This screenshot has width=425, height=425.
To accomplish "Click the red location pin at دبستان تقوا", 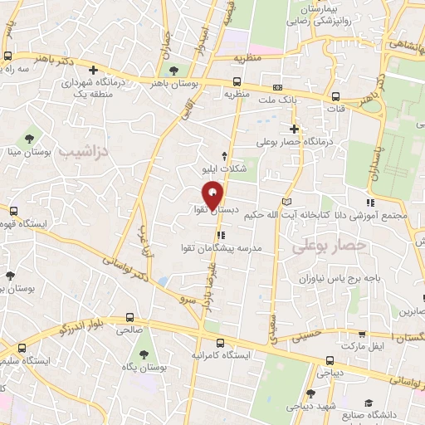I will (212, 195).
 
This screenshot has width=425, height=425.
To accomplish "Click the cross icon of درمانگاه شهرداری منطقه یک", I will (95, 71).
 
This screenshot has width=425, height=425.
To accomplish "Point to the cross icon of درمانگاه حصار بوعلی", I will (294, 129).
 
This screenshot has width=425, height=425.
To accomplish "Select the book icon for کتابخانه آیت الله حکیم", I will (286, 202).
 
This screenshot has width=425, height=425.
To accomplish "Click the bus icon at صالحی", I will (128, 317).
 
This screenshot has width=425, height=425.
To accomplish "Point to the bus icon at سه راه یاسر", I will (7, 56).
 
